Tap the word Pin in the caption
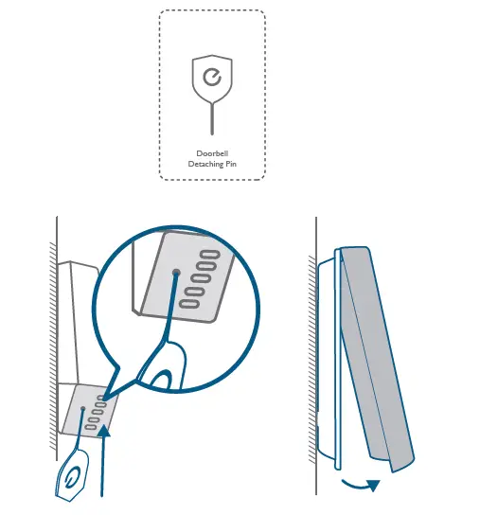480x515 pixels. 229,164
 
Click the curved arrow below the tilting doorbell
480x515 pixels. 359,485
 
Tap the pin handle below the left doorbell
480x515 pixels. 72,479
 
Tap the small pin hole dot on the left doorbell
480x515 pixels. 85,408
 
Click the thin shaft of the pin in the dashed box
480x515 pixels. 211,118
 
